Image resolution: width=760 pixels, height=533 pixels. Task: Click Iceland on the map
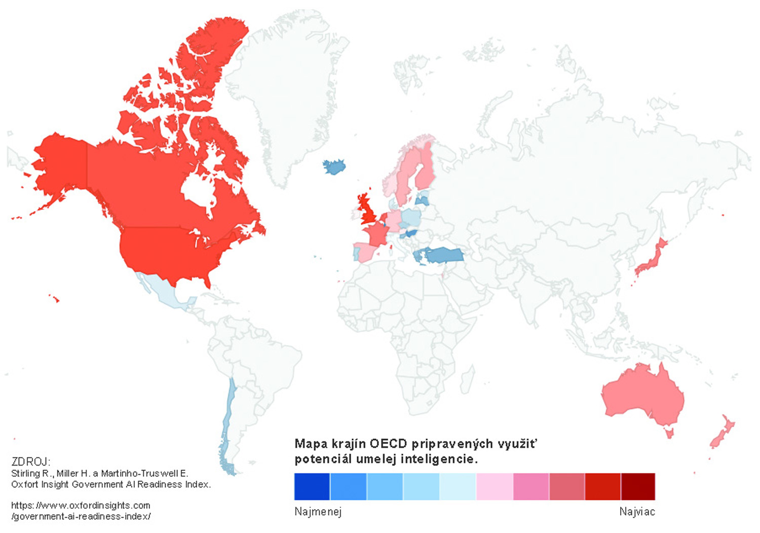pyautogui.click(x=334, y=166)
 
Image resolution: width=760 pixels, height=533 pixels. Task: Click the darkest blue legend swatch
pyautogui.click(x=312, y=486)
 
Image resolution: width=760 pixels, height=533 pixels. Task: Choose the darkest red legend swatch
pyautogui.click(x=638, y=486)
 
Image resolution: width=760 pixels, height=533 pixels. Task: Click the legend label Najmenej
pyautogui.click(x=318, y=512)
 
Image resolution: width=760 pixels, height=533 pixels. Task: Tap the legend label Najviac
pyautogui.click(x=637, y=512)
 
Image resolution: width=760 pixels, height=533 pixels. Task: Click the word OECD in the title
pyautogui.click(x=388, y=444)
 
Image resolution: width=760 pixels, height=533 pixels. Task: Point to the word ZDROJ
pyautogui.click(x=30, y=461)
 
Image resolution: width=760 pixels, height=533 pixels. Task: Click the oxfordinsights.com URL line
pyautogui.click(x=81, y=506)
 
